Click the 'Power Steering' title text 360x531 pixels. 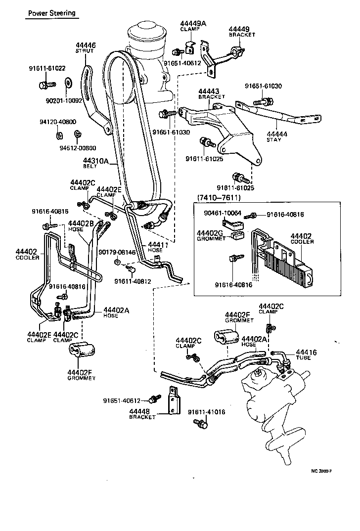point(51,13)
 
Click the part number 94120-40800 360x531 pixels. point(58,122)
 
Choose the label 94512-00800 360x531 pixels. point(78,147)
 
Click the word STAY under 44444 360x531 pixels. point(273,140)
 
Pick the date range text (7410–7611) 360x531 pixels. point(219,197)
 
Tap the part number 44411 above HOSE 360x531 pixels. point(158,244)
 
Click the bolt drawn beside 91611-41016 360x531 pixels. point(199,423)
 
